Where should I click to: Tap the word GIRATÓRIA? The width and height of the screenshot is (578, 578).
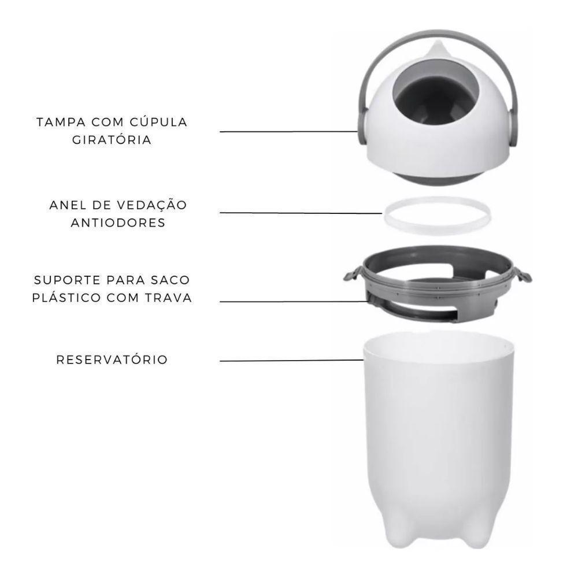click(112, 140)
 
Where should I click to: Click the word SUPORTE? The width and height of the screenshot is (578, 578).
click(62, 280)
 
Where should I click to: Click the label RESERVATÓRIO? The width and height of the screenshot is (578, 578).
click(112, 360)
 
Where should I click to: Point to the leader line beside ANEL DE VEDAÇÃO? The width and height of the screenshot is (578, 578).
click(301, 213)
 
